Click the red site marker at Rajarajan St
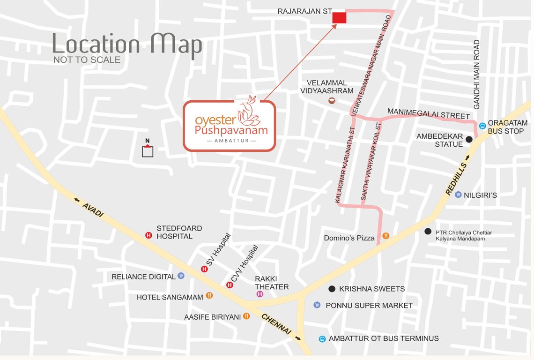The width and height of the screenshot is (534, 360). pyautogui.click(x=339, y=18)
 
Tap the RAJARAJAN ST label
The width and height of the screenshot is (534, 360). pyautogui.click(x=304, y=11)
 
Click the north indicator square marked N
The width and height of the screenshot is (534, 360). pyautogui.click(x=148, y=151)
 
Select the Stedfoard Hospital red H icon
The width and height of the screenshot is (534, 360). pyautogui.click(x=149, y=235)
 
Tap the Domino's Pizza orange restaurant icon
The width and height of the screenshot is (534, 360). pyautogui.click(x=386, y=236)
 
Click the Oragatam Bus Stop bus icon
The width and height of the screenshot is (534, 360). pyautogui.click(x=482, y=126)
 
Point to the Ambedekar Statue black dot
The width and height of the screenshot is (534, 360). pyautogui.click(x=468, y=139)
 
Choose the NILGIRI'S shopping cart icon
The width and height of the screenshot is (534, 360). pyautogui.click(x=458, y=195)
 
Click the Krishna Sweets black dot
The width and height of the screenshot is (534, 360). pyautogui.click(x=332, y=289)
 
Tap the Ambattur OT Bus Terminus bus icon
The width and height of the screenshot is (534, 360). pyautogui.click(x=322, y=339)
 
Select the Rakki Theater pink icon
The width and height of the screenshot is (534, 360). pyautogui.click(x=260, y=294)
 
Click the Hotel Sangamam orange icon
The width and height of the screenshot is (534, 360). pyautogui.click(x=209, y=296)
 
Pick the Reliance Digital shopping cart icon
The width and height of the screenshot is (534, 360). pyautogui.click(x=181, y=276)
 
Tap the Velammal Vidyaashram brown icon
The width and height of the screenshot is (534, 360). pyautogui.click(x=332, y=100)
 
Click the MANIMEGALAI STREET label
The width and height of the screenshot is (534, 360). pyautogui.click(x=428, y=112)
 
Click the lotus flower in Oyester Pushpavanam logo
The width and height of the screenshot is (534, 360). pyautogui.click(x=249, y=111)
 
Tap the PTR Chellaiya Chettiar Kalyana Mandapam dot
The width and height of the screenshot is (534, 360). pyautogui.click(x=427, y=231)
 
